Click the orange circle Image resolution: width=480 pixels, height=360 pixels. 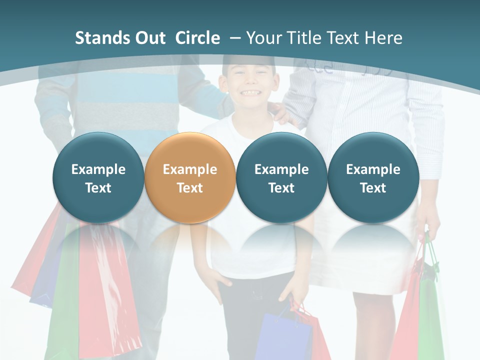click(189, 178)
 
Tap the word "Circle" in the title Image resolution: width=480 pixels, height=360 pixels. click(197, 38)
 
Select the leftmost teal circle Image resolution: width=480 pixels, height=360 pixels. click(98, 178)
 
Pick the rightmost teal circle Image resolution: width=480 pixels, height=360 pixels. click(373, 178)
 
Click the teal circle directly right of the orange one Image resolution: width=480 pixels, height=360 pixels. click(281, 178)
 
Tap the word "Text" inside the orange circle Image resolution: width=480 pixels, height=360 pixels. click(189, 188)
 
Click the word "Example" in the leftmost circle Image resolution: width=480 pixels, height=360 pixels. click(98, 169)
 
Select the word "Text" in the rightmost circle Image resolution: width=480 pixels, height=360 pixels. click(373, 188)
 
